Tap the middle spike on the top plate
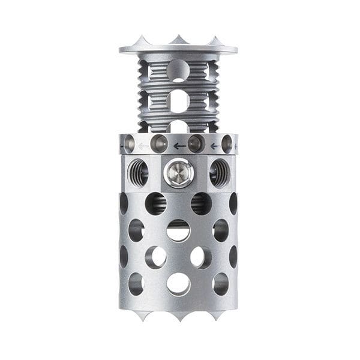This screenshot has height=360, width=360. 178,40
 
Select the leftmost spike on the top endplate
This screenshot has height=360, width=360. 142,41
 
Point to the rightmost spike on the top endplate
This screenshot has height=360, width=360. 215,41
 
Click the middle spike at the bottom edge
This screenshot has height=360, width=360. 178,316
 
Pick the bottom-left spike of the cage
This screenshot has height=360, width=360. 142,315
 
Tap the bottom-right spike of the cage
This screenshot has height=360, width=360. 215,315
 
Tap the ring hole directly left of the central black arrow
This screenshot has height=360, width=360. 159,143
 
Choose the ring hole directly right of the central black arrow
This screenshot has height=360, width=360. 196,143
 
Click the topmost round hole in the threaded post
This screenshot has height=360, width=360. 178,70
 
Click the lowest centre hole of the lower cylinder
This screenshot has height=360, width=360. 178,284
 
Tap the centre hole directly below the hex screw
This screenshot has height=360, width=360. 178,230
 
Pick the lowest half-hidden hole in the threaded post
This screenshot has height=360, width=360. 178,127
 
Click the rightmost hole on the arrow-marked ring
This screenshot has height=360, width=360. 227,144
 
